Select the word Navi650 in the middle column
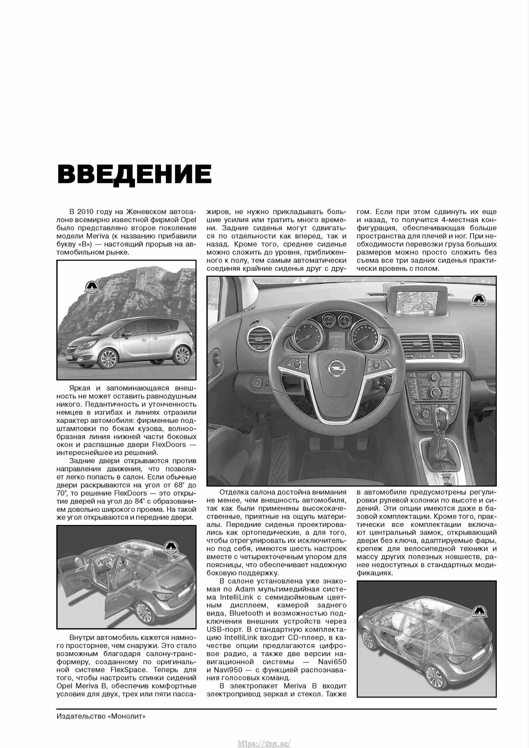pyautogui.click(x=332, y=662)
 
